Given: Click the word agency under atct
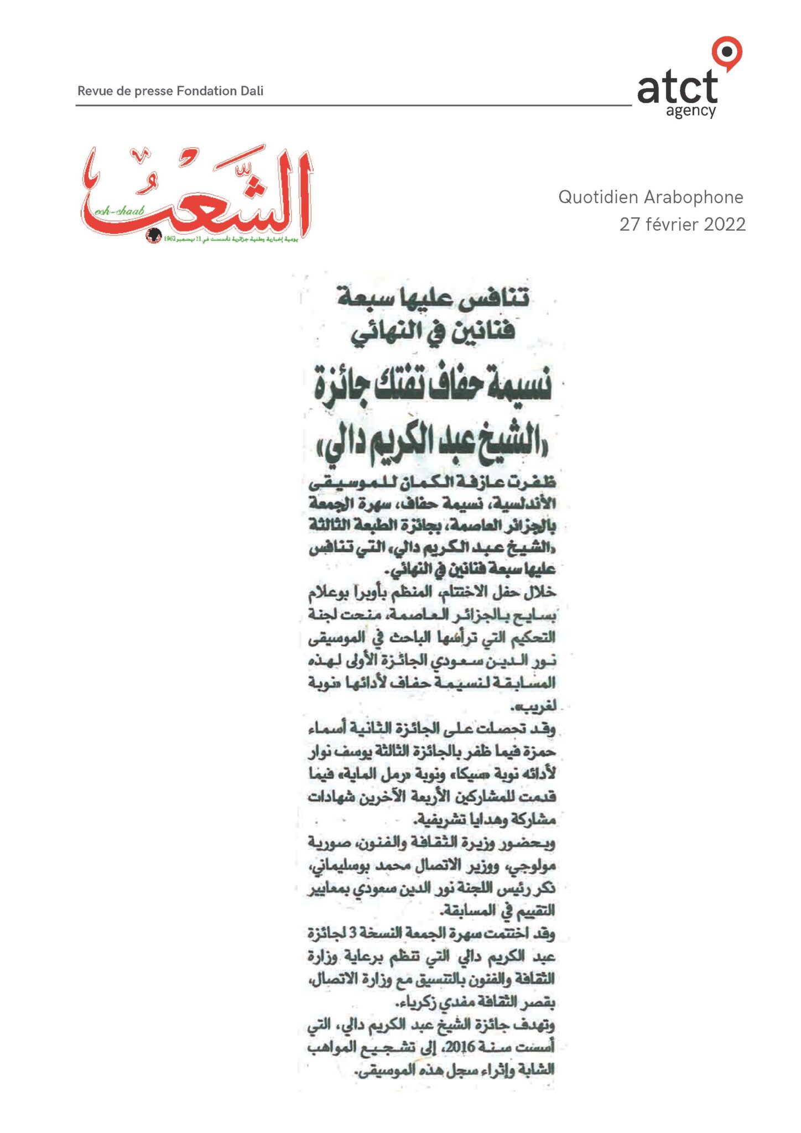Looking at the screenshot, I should coord(691,111).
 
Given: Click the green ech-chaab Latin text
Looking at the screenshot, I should coord(119,211).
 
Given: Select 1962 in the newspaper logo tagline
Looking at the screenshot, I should coord(169,238).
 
